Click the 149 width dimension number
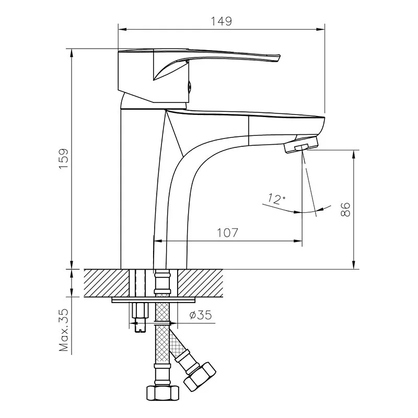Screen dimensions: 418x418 pos(221,21)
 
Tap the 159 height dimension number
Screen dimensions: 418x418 pos(64,159)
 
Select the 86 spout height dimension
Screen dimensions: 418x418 pos(345,210)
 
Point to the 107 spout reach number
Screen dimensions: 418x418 pos(227,233)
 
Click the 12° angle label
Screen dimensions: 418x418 pos(276,199)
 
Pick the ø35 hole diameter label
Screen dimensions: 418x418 pos(201,315)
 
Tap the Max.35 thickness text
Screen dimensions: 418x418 pos(64,330)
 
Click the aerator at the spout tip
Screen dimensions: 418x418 pos(301,145)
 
